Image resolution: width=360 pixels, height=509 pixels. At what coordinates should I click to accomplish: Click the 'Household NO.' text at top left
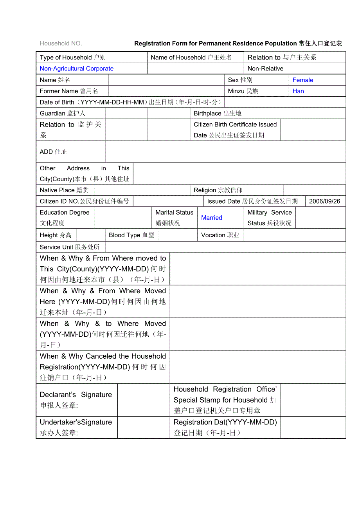[x=61, y=43]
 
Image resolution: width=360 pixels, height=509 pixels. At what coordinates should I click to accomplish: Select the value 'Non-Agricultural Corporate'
[x=77, y=69]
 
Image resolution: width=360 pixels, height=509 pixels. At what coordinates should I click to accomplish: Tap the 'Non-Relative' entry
[x=265, y=69]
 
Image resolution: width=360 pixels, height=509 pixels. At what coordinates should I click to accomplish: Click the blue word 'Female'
[x=303, y=80]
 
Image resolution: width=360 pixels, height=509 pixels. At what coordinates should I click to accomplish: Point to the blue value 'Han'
[x=298, y=91]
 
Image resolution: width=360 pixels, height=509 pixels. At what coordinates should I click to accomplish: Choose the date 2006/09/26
[x=324, y=201]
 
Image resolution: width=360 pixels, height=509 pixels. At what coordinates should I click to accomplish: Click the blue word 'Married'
[x=211, y=218]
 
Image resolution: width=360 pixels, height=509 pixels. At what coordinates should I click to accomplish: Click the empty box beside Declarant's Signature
[x=144, y=400]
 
